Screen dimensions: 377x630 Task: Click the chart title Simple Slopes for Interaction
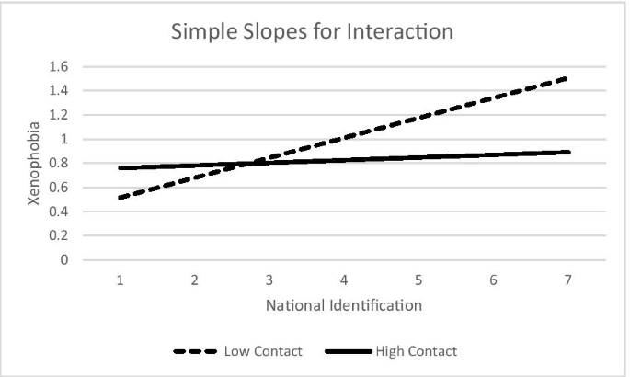(x=313, y=32)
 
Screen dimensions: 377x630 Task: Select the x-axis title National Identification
(x=343, y=304)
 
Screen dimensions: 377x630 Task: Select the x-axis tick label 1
(x=120, y=279)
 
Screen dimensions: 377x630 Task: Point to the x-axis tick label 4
(x=343, y=279)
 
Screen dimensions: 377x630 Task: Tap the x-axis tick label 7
(x=567, y=279)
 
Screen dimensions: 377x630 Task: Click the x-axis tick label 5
(x=418, y=279)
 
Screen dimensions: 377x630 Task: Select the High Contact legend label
(x=416, y=351)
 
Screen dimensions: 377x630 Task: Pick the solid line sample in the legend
(x=351, y=351)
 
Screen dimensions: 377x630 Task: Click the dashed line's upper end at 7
(x=567, y=78)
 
